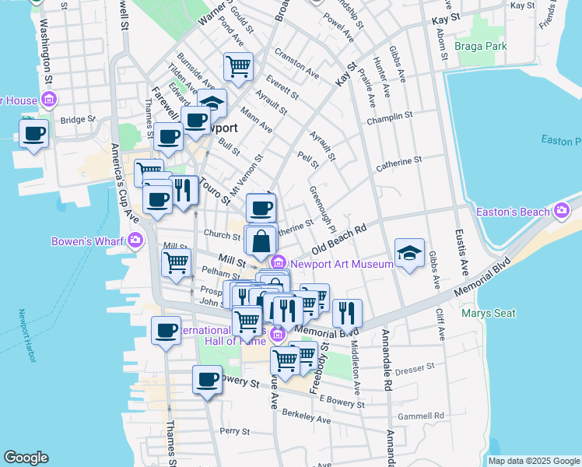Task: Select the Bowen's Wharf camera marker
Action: [x=136, y=241]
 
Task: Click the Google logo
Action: [x=26, y=458]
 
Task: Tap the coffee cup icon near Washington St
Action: [x=33, y=133]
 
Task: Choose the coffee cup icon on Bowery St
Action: [x=207, y=380]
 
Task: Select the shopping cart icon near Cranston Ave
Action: [x=238, y=65]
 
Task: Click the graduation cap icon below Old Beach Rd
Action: [x=409, y=253]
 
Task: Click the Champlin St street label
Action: [x=392, y=116]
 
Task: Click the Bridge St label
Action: [x=77, y=120]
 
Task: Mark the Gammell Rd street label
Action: [x=420, y=416]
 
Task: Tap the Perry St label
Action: [x=233, y=430]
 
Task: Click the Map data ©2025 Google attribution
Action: [x=534, y=461]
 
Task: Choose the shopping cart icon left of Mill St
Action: [x=176, y=262]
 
